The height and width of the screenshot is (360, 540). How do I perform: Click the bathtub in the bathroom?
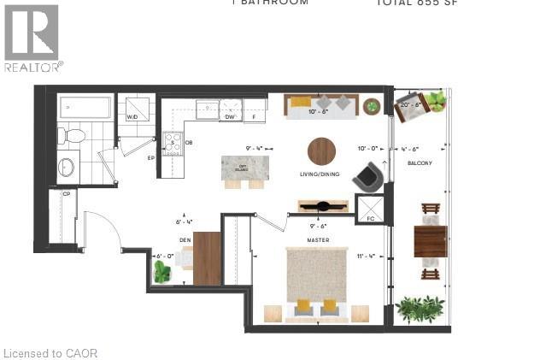coord(85,108)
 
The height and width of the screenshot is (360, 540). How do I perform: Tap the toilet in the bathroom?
coord(72,135)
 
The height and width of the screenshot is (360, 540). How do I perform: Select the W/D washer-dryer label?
coord(132,117)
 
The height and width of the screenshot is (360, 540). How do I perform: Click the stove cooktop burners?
coord(173,142)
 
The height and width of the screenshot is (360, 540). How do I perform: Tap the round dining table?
coord(322,151)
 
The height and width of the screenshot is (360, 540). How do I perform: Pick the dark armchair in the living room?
coord(369,175)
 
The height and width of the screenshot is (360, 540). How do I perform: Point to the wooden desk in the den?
coord(207,258)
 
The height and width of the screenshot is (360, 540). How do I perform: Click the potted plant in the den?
coord(161,271)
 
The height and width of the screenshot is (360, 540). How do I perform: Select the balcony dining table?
coord(431,240)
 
